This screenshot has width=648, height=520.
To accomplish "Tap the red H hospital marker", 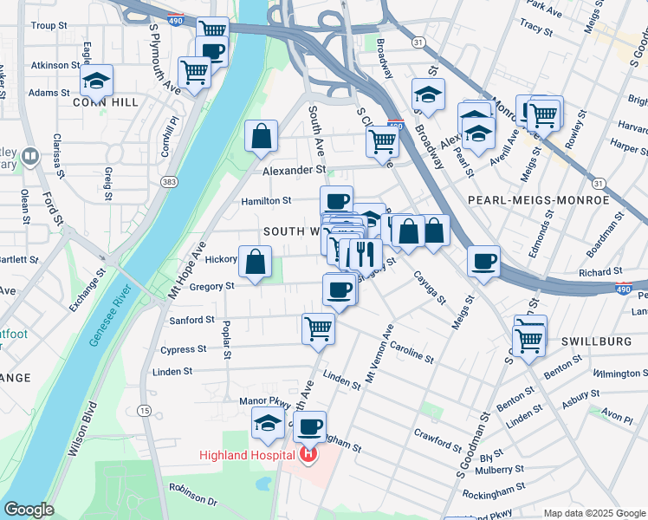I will click(308, 454).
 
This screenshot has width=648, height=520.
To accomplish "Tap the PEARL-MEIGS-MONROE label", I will click(538, 200).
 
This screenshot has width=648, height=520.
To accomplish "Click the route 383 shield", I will click(168, 182).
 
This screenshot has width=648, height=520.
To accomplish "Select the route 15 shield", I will click(144, 410).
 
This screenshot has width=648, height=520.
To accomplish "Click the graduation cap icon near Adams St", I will click(96, 81).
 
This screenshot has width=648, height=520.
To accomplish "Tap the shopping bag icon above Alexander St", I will click(261, 136).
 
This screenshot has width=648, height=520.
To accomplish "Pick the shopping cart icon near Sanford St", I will click(318, 328).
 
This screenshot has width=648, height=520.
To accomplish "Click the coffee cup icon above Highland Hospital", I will click(309, 426).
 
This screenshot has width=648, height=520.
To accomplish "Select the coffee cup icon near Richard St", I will click(483, 261).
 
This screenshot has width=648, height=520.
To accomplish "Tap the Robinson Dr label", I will click(192, 494).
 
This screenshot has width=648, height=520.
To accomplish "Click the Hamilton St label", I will click(265, 200).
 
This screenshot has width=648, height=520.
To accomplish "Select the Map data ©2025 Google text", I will click(593, 512).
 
